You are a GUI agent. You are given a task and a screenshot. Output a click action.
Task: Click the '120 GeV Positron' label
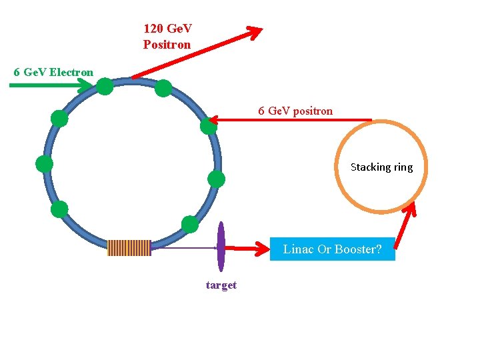click(167, 37)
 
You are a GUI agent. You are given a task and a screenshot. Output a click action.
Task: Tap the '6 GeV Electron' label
click(53, 71)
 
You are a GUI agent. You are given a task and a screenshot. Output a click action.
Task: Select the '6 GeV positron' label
click(295, 111)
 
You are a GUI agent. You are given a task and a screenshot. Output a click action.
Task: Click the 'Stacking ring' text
click(381, 167)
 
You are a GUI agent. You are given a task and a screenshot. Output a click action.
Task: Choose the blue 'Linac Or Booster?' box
click(332, 249)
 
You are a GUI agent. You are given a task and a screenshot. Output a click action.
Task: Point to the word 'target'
click(221, 285)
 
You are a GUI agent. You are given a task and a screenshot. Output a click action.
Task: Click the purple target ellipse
click(221, 247)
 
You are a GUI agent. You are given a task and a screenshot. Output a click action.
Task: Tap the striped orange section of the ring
click(129, 248)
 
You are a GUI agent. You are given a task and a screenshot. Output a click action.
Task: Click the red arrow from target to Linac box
click(246, 249)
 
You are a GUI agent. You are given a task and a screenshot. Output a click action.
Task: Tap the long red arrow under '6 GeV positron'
click(293, 120)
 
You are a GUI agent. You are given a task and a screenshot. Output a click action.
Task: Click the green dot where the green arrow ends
click(105, 86)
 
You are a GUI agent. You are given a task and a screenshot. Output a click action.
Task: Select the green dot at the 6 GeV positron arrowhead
click(209, 125)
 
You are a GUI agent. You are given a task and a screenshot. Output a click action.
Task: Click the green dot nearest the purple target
click(190, 224)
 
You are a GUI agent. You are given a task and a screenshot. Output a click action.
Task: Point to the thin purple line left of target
click(183, 248)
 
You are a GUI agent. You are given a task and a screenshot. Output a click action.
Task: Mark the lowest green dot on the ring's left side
click(59, 209)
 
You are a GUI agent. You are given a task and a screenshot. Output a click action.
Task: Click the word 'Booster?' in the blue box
click(358, 249)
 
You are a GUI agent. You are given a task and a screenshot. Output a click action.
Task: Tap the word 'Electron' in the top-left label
click(71, 71)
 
